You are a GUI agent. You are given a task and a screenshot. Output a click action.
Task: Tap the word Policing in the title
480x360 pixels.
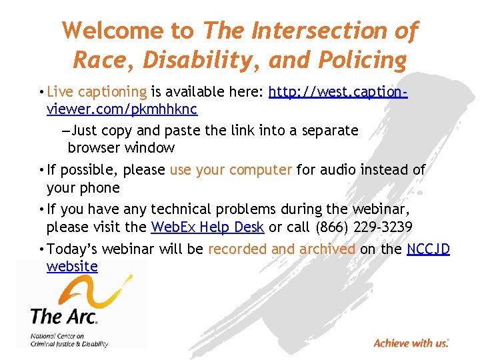pyautogui.click(x=365, y=60)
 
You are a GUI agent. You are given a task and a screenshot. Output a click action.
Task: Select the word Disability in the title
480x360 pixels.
pyautogui.click(x=190, y=60)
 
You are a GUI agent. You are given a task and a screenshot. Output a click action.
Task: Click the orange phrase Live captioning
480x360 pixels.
pyautogui.click(x=97, y=92)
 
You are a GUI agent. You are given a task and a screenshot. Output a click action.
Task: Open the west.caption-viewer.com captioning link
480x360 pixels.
pyautogui.click(x=338, y=92)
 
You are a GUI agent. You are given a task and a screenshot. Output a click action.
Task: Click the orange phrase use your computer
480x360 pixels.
pyautogui.click(x=231, y=170)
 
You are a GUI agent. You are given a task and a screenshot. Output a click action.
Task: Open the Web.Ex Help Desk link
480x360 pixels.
pyautogui.click(x=207, y=227)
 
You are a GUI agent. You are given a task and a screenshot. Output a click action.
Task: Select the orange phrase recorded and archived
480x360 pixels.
pyautogui.click(x=281, y=249)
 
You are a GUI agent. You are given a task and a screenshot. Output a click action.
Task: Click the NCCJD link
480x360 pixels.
pyautogui.click(x=428, y=249)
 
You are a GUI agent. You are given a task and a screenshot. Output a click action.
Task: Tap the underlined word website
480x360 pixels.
pyautogui.click(x=72, y=267)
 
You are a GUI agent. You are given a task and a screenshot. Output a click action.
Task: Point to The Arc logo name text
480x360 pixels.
pyautogui.click(x=64, y=315)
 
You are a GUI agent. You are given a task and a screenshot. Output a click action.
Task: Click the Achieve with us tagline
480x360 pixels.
pyautogui.click(x=411, y=343)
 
